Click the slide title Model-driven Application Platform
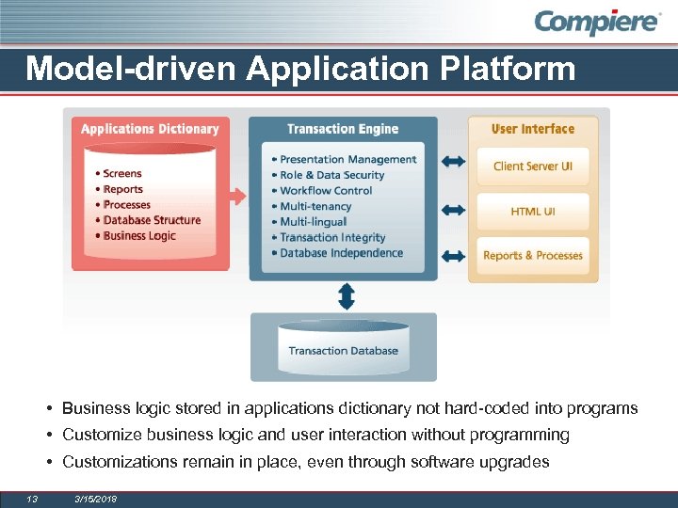click(x=300, y=69)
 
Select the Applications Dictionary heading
click(x=150, y=129)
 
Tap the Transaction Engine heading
click(x=343, y=129)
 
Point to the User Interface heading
click(x=532, y=129)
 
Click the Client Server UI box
click(x=532, y=167)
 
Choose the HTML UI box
click(x=532, y=212)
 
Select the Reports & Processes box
click(x=532, y=256)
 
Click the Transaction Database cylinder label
click(x=343, y=351)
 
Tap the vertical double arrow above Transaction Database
click(x=346, y=296)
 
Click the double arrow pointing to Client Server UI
click(x=453, y=163)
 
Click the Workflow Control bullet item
click(x=326, y=191)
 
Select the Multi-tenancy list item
click(x=315, y=206)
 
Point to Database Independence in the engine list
click(x=341, y=253)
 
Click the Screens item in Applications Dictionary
click(x=122, y=173)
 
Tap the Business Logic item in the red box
click(x=139, y=235)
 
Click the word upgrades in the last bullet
click(x=516, y=462)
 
